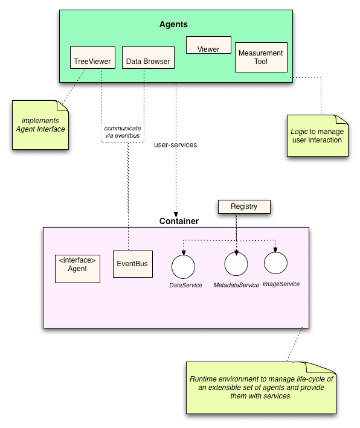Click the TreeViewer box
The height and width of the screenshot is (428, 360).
point(92,57)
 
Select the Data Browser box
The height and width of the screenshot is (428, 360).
point(148,57)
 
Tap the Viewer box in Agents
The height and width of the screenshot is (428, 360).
point(208,45)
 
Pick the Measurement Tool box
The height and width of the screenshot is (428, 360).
point(261,57)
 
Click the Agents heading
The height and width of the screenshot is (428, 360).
point(173,24)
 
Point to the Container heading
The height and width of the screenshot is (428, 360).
point(179,221)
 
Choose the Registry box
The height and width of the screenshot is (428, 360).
point(244,206)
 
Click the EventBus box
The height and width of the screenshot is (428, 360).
point(133,264)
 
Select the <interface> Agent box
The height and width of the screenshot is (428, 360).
point(77,269)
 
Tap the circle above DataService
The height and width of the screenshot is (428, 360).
point(183,267)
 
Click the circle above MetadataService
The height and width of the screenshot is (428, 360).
point(236,264)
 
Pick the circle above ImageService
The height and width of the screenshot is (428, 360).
point(275,263)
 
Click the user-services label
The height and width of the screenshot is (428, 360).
point(175,145)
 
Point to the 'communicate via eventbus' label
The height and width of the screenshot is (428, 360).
point(123,132)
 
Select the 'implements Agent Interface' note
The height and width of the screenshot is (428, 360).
point(40,125)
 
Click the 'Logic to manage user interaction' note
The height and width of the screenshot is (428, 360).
point(318,136)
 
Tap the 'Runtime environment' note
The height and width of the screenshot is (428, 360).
point(261,388)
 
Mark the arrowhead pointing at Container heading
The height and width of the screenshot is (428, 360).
point(176,215)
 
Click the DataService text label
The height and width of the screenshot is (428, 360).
point(185,286)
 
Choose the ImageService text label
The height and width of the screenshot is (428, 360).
point(281,284)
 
